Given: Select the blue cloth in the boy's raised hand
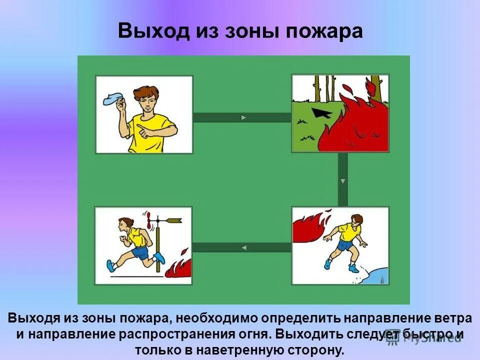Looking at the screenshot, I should tap(114, 98).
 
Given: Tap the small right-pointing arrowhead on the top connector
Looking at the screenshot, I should tap(243, 117).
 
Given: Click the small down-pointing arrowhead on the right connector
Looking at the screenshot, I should tap(342, 180).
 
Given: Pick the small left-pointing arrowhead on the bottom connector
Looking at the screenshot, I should tap(243, 247).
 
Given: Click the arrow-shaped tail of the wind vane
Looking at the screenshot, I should tap(174, 219).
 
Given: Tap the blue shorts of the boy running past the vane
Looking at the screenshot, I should tap(140, 252).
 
